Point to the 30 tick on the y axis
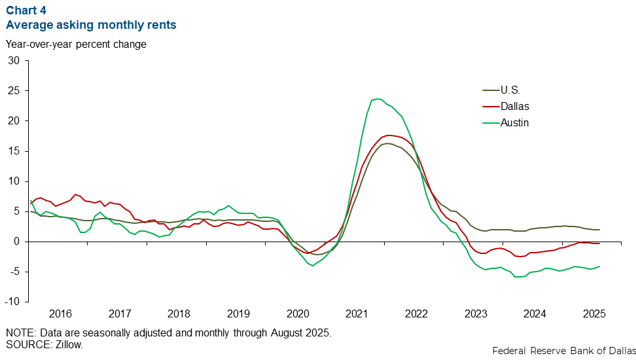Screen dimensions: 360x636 click(x=15, y=60)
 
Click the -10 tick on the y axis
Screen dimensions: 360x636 click(x=13, y=302)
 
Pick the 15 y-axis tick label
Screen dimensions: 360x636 click(x=15, y=151)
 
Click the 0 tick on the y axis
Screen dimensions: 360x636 click(x=18, y=242)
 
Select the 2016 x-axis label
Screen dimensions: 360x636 click(x=60, y=314)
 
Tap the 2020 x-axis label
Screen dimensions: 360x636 click(x=298, y=314)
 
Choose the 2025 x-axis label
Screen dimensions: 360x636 click(x=594, y=314)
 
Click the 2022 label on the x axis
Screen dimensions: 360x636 click(x=416, y=314)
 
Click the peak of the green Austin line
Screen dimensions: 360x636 click(x=378, y=99)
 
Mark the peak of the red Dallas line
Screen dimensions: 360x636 click(x=390, y=135)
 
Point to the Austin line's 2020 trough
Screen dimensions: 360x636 click(x=312, y=266)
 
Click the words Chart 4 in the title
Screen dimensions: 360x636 click(x=26, y=10)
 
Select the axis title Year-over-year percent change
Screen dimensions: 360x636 click(x=76, y=45)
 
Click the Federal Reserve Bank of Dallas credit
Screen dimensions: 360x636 click(x=563, y=351)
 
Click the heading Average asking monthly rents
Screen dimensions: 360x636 click(x=91, y=25)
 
